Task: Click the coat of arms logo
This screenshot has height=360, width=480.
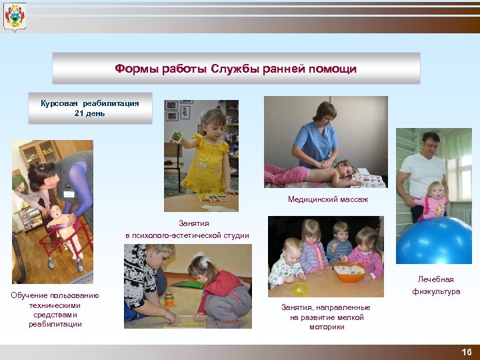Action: coord(14,17)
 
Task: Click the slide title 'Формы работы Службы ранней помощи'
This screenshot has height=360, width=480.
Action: coord(236,69)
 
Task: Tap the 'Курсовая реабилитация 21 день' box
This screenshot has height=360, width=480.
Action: coord(90,108)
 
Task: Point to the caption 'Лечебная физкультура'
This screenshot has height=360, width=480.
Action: coord(435,285)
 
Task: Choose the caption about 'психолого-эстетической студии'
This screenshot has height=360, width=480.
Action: coord(187,229)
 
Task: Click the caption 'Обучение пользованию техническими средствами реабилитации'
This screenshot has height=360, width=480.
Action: coord(55,309)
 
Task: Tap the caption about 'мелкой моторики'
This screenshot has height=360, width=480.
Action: coord(326,317)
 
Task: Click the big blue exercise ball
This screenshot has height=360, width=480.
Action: coord(433,240)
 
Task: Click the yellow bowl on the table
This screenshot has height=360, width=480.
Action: coord(301,289)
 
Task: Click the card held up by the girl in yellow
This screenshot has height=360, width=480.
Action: coord(177,137)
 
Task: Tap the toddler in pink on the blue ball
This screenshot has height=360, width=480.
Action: coord(437,200)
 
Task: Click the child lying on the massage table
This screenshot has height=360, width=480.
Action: coord(313,173)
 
